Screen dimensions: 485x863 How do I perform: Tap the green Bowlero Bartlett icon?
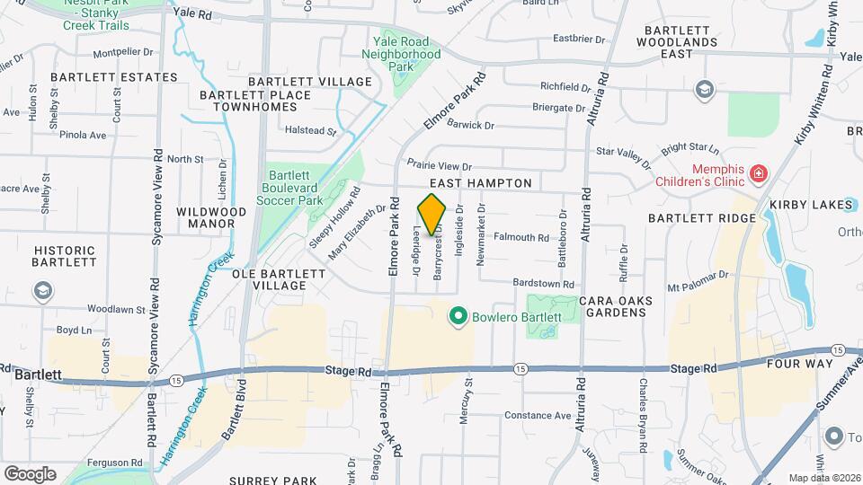(x=458, y=316)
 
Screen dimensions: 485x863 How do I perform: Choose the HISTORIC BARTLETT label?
(x=65, y=257)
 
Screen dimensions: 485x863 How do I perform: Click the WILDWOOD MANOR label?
(x=211, y=218)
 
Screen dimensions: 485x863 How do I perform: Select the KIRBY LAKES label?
(x=810, y=206)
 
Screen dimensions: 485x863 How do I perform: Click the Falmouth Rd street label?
(x=521, y=238)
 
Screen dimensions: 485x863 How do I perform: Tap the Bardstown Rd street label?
(x=543, y=283)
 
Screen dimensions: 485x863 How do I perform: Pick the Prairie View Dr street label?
(x=440, y=165)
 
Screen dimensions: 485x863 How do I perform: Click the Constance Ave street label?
(x=538, y=416)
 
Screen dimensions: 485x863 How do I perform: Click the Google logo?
(x=30, y=473)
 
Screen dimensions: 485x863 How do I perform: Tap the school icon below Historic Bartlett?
(x=42, y=291)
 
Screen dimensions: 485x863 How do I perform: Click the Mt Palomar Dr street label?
(x=697, y=280)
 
